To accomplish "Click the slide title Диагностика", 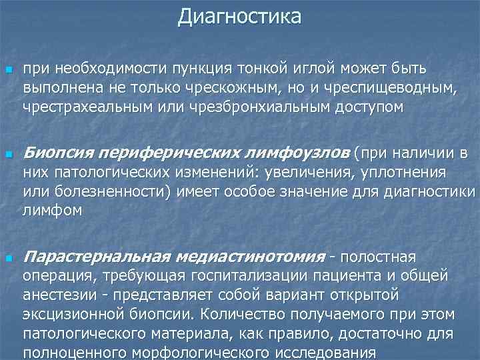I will [239, 16].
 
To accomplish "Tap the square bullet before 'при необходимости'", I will [8, 70].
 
